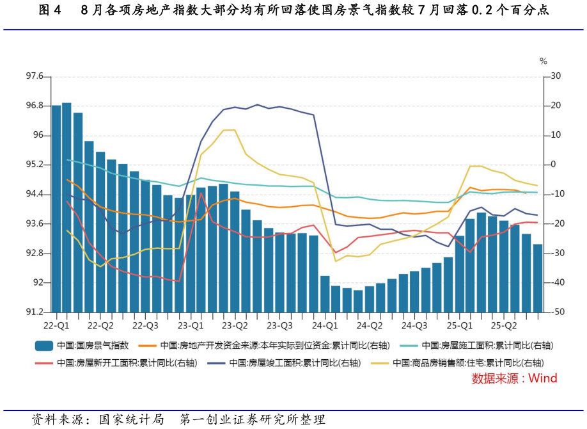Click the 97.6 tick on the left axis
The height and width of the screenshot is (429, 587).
pos(34,76)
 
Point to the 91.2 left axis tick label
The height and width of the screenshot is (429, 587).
pos(34,312)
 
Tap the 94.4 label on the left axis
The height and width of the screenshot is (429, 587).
pos(34,194)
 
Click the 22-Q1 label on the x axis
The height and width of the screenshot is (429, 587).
pos(57,325)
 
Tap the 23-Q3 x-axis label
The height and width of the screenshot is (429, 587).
pos(279,325)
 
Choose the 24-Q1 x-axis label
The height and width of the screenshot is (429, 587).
pos(325,325)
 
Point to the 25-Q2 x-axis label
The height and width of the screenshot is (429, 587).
pos(503,325)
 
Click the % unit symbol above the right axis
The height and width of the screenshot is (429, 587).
pos(544,61)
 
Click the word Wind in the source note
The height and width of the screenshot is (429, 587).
pos(542,378)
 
